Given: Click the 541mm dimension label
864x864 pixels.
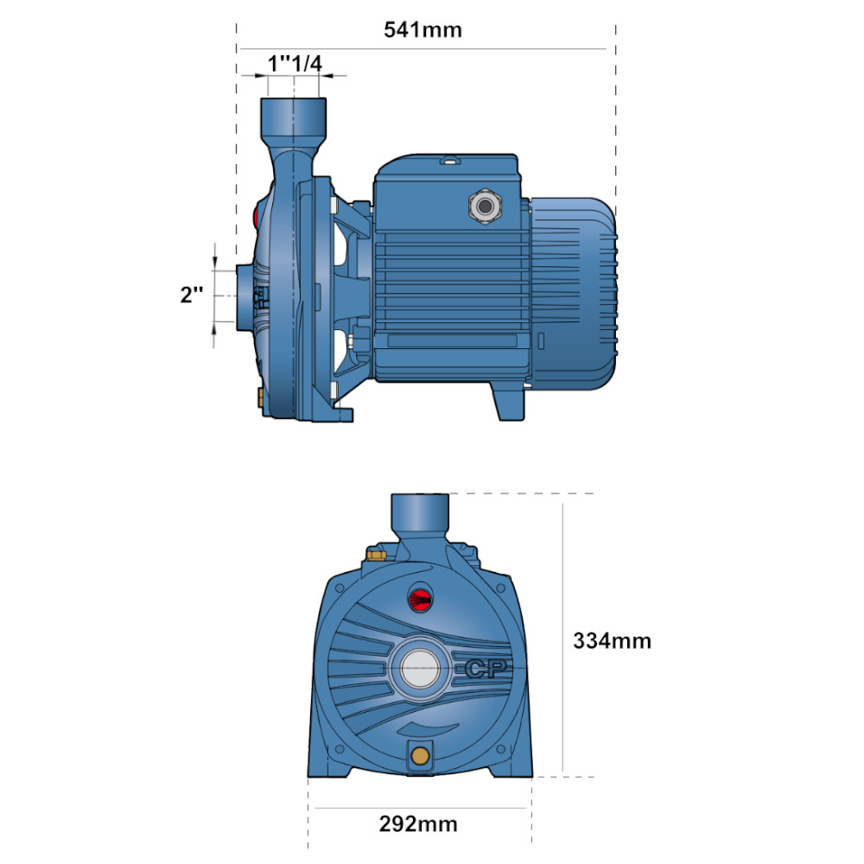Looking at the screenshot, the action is click(422, 29).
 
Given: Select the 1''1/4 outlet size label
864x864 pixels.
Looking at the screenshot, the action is click(295, 63).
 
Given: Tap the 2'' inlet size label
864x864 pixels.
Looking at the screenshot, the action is click(191, 295).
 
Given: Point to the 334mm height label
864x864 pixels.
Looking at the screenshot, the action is click(612, 641).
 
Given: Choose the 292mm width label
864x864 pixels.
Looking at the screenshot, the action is click(418, 823).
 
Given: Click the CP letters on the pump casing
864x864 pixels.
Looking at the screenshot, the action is click(485, 669).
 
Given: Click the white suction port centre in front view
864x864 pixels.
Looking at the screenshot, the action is click(421, 669).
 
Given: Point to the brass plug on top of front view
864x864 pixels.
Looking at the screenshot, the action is click(377, 554).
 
